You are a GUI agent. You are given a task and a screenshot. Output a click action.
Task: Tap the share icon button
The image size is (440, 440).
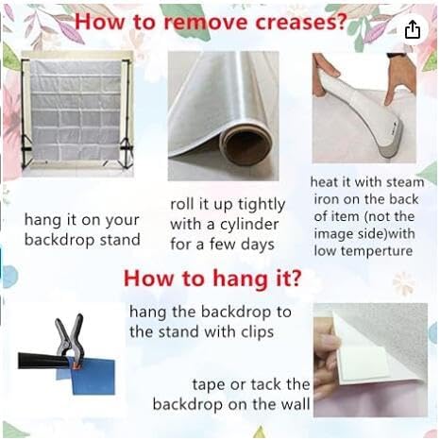tap(412, 29)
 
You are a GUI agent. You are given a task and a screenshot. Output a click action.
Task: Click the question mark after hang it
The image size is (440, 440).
tap(296, 278)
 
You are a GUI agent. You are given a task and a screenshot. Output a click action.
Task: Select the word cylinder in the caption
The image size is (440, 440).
tap(249, 225)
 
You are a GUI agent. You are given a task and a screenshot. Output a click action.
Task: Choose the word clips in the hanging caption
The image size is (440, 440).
tap(257, 332)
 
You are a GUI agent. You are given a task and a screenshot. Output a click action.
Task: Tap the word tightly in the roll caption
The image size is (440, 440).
tap(262, 205)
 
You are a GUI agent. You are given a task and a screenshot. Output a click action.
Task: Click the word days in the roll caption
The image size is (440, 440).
tap(258, 245)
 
